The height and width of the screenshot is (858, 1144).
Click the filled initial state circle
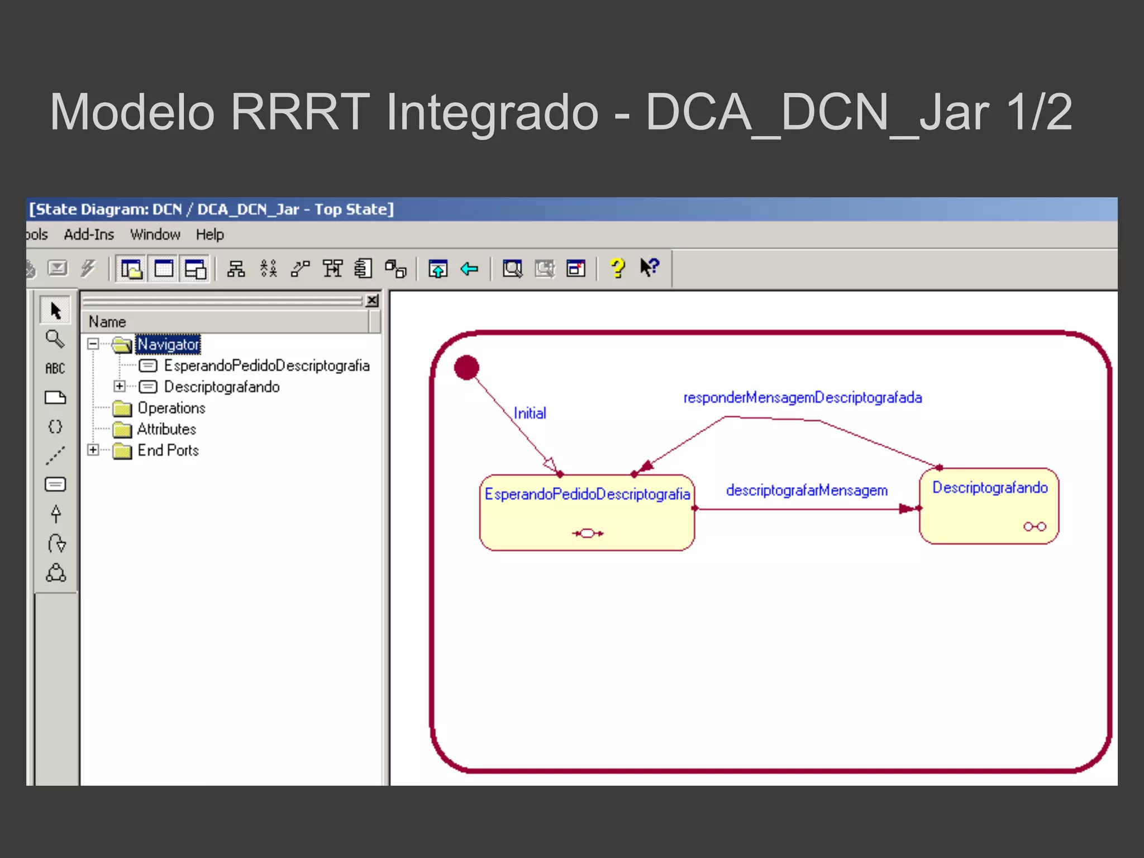466,368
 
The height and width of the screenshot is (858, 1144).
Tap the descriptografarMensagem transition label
807,490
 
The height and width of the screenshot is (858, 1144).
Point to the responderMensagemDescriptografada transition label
803,398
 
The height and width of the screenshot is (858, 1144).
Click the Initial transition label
530,413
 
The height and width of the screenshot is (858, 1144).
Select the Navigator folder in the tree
168,344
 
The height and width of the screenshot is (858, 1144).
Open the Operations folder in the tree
171,408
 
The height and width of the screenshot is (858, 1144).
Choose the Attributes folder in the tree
166,430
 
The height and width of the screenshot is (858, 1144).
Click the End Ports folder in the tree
168,451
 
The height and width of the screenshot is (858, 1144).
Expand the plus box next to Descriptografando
119,386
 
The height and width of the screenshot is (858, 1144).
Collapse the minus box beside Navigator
93,344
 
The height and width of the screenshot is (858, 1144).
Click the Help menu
209,235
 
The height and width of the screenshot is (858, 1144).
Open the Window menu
155,235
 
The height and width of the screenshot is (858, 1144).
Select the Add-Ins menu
89,235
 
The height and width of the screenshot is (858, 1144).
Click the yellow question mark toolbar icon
617,269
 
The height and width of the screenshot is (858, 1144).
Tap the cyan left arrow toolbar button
469,269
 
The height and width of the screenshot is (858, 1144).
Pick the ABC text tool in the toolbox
55,369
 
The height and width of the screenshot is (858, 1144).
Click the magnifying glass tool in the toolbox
55,339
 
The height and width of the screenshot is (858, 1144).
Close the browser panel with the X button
372,301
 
